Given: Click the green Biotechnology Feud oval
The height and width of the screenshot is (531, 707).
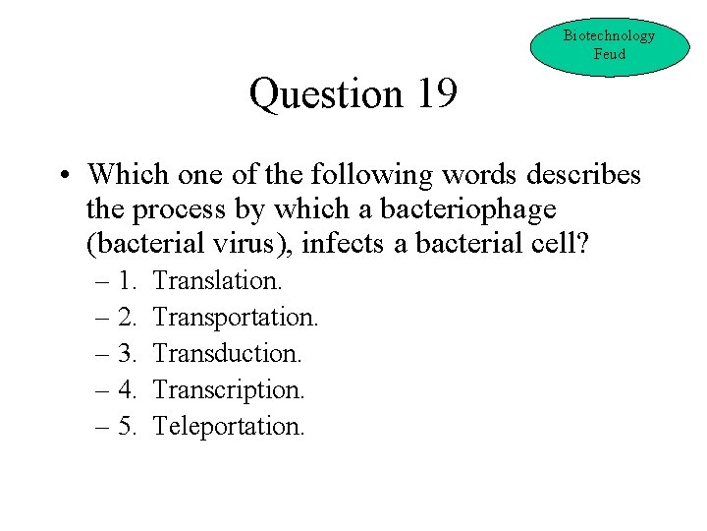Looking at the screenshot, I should tap(609, 45).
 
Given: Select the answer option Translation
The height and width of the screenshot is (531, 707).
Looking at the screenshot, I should tap(218, 280).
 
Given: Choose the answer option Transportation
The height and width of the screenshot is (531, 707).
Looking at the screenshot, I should tap(237, 317).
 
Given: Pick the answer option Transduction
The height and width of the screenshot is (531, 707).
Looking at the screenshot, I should tap(228, 353).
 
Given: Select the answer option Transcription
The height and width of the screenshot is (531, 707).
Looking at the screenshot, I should tap(230, 389).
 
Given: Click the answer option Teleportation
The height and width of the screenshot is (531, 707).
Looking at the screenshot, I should tap(230, 426).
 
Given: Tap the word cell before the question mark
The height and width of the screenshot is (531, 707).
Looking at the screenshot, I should tap(560, 244).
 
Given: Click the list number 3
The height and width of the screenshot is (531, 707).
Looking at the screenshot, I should tap(126, 353).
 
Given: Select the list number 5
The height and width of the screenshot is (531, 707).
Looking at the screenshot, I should tap(126, 426).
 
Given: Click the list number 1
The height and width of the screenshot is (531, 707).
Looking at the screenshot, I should tap(126, 280).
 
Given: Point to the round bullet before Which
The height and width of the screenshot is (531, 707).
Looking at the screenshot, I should tap(62, 176).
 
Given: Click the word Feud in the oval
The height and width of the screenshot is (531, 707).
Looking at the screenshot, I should tap(609, 54).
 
